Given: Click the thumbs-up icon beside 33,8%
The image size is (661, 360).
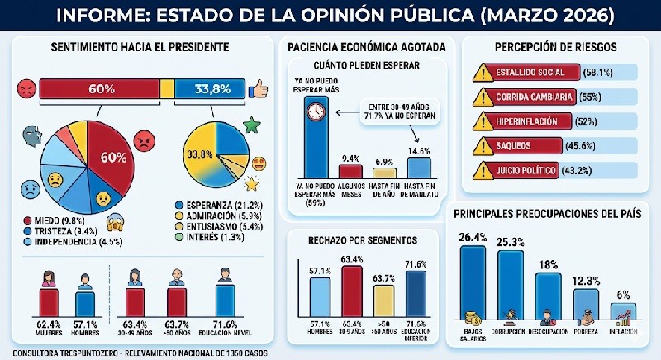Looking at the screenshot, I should coord(262,88).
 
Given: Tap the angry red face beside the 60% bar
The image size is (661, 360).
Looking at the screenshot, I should coord(26,87).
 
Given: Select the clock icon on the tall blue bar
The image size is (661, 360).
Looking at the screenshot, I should coord(316,111).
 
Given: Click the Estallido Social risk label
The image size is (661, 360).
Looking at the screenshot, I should coord(535,72).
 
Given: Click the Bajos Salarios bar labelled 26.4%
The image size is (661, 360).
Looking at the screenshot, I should coord(473,281).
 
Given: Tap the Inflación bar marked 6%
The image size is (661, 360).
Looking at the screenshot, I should coord(623,312).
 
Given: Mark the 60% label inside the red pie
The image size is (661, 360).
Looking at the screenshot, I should coord(112,157).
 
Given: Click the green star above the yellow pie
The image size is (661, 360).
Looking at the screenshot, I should coord(252,125).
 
